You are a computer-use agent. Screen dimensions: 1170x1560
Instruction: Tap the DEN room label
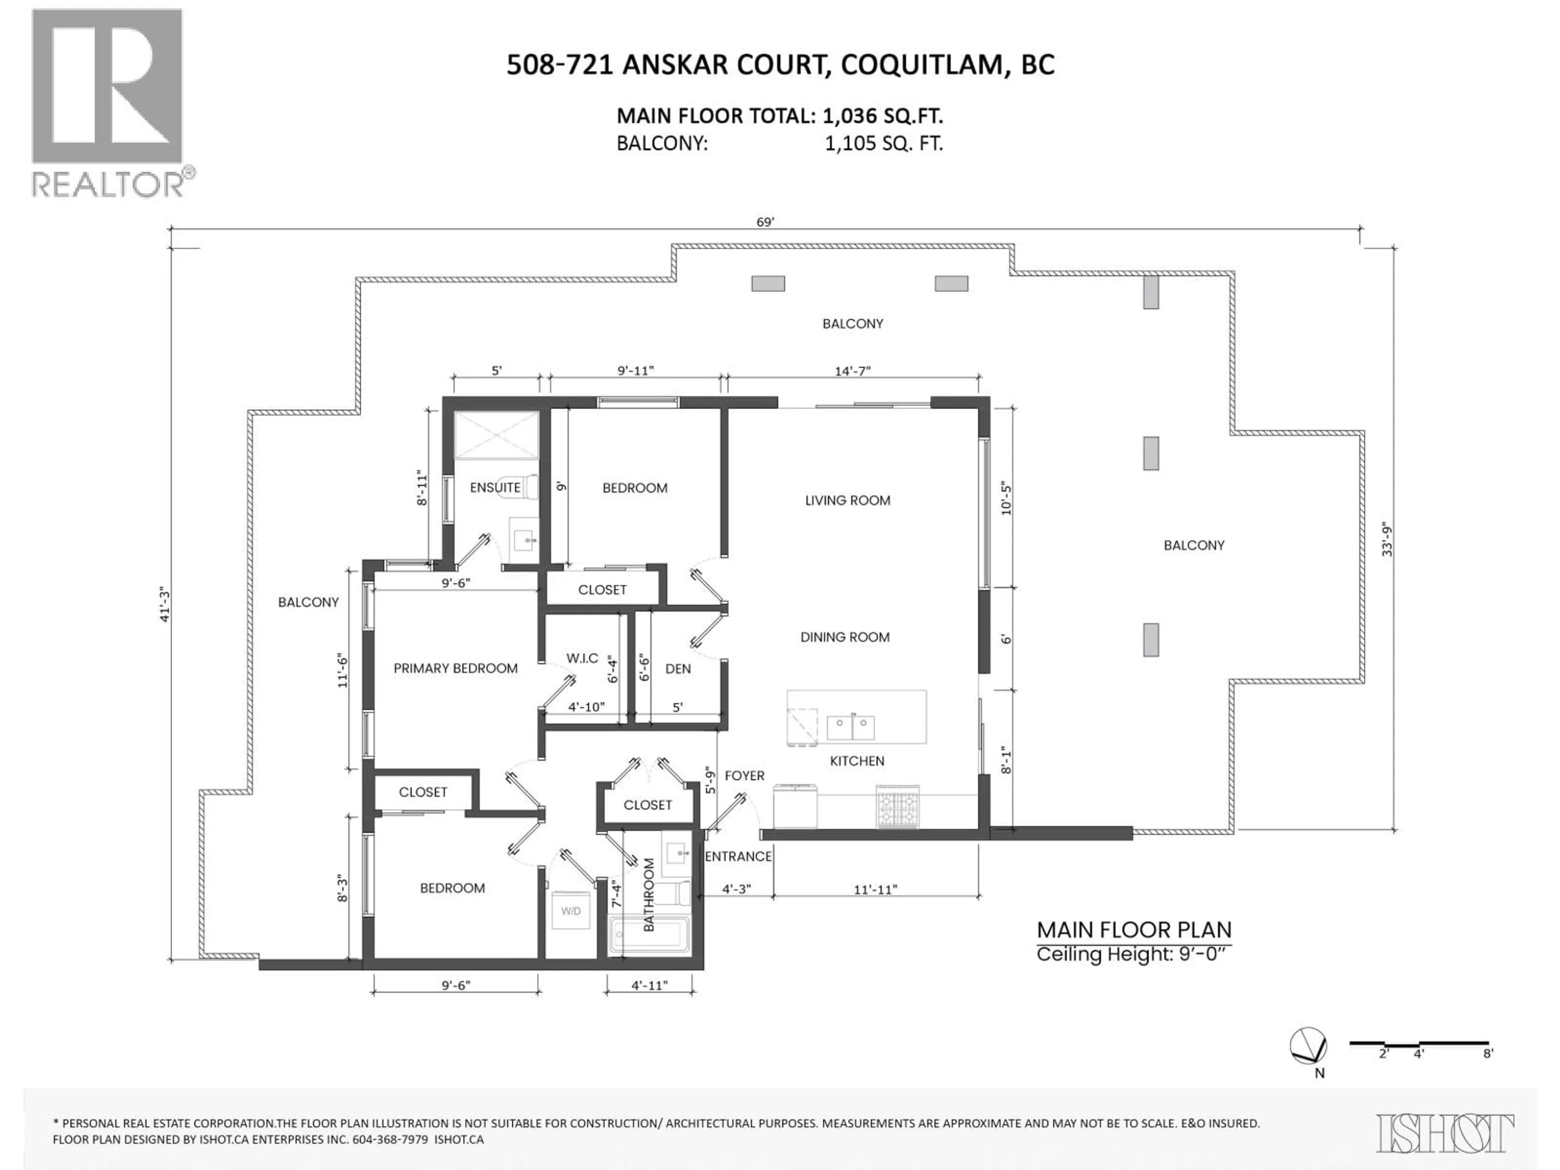pyautogui.click(x=678, y=669)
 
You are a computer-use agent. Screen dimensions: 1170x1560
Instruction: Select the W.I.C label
pyautogui.click(x=582, y=658)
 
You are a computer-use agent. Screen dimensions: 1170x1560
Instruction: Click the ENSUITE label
pyautogui.click(x=495, y=487)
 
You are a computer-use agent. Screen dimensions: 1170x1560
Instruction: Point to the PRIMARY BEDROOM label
pyautogui.click(x=455, y=668)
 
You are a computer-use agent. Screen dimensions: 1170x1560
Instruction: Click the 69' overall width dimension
pyautogui.click(x=765, y=222)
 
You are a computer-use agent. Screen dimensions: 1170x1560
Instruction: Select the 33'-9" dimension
pyautogui.click(x=1387, y=539)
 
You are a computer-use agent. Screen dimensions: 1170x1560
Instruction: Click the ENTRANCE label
pyautogui.click(x=738, y=856)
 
